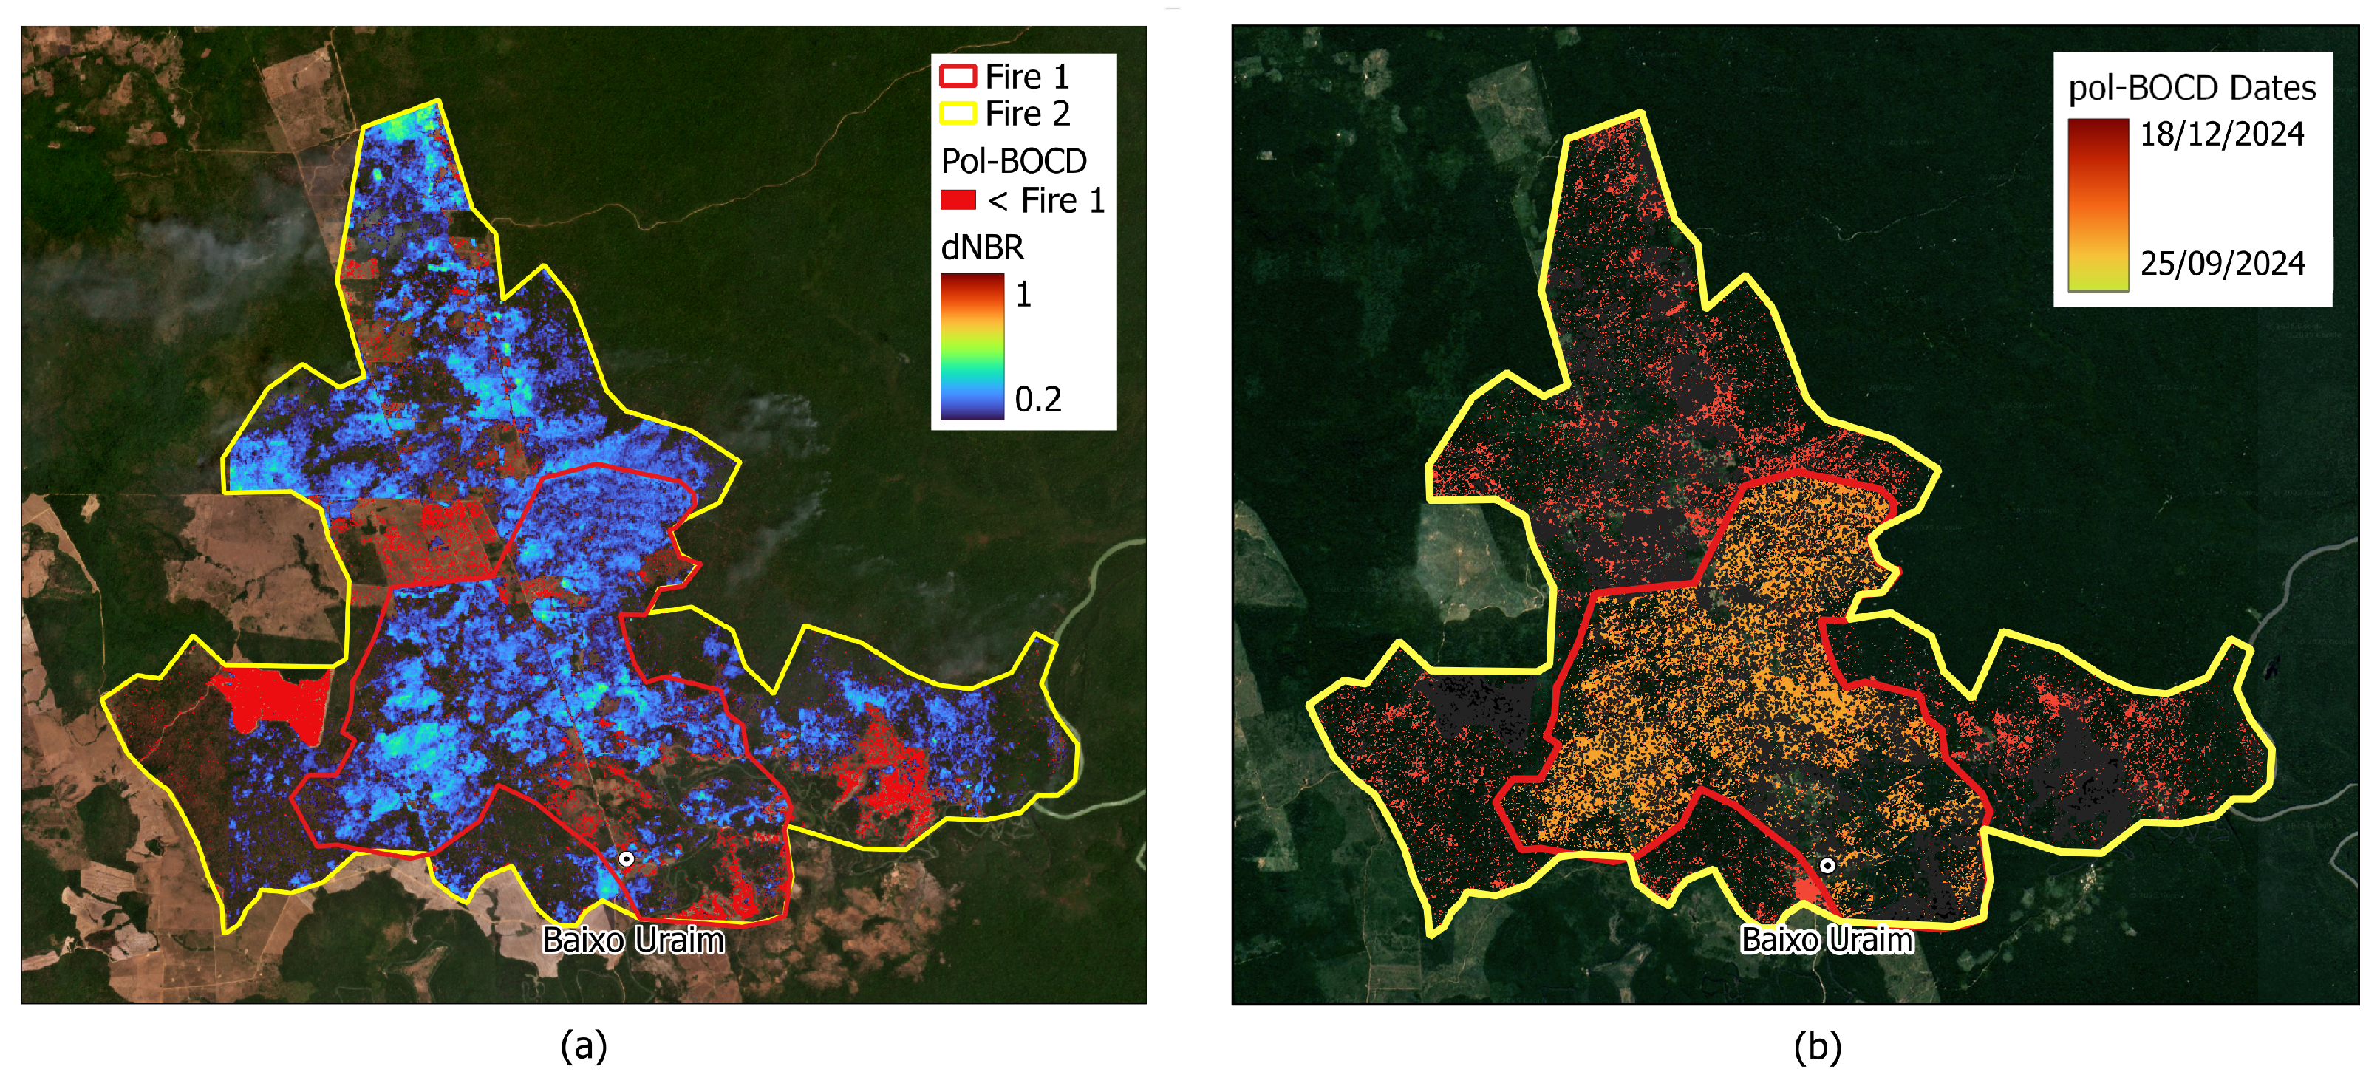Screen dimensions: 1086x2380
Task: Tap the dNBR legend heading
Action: (982, 247)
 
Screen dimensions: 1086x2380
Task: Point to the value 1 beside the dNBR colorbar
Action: (1023, 295)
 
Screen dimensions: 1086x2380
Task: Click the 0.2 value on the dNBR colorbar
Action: (1037, 399)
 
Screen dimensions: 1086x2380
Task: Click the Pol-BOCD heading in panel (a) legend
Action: (1014, 161)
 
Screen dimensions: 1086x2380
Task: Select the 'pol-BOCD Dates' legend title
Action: (2192, 88)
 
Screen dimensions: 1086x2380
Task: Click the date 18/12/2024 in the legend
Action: (2222, 134)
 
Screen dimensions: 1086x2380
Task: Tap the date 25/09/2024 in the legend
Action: (2222, 264)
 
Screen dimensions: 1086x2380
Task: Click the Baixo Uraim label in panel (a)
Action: (633, 940)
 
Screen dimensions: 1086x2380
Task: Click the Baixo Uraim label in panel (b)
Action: (1827, 940)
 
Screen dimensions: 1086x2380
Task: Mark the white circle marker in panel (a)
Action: (627, 858)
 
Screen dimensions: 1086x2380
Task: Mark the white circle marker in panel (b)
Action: (1827, 865)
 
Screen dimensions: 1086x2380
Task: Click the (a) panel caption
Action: (584, 1045)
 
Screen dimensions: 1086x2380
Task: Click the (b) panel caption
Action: (1818, 1045)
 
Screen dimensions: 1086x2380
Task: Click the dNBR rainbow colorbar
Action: (972, 346)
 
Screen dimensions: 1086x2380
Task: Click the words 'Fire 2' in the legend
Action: (1026, 114)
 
